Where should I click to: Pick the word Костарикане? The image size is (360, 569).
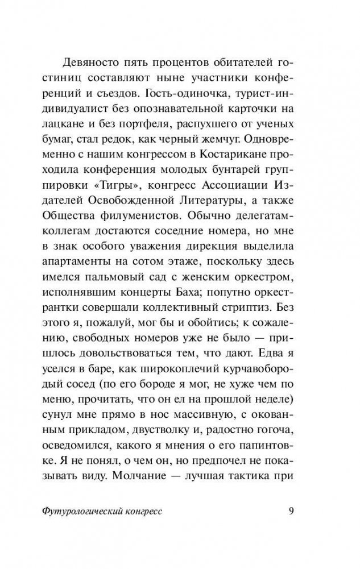pos(216,155)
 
